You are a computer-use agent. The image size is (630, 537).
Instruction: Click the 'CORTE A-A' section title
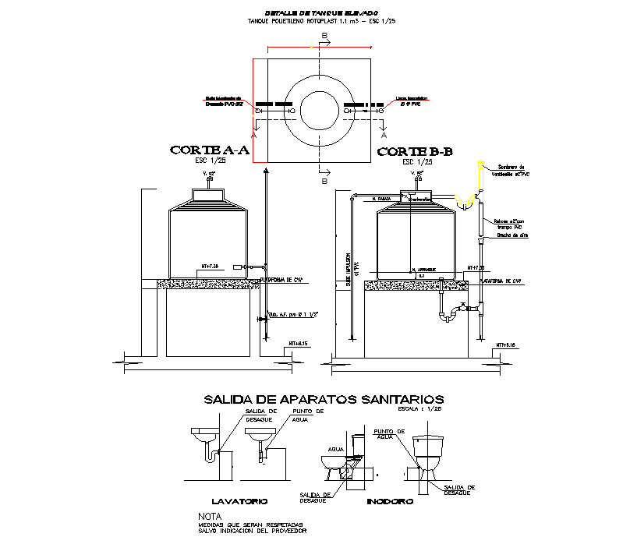click(x=209, y=150)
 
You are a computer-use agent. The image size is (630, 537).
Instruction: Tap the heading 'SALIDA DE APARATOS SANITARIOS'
click(x=324, y=399)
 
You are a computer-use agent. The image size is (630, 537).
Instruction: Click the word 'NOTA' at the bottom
click(x=210, y=516)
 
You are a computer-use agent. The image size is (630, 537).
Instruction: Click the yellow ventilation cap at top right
click(x=481, y=167)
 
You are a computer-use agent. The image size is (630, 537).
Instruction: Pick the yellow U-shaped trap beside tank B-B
click(x=466, y=204)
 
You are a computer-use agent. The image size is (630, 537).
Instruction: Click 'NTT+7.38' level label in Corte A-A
click(x=212, y=267)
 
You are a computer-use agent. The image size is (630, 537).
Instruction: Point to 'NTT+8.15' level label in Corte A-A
click(x=299, y=343)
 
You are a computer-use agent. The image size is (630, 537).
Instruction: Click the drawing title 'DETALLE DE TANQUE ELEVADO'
click(x=320, y=13)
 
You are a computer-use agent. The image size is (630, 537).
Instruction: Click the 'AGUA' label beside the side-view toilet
click(x=335, y=449)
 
